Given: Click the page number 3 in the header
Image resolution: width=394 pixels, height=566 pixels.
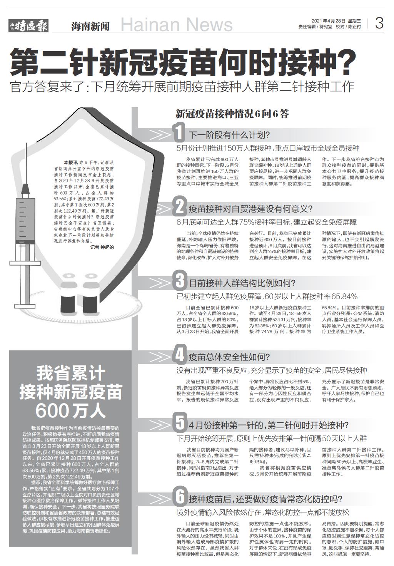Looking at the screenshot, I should (x=379, y=24).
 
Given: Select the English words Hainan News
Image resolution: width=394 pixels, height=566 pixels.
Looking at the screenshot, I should (x=177, y=25).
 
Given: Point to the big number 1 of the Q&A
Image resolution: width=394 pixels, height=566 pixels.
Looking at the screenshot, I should (x=179, y=133).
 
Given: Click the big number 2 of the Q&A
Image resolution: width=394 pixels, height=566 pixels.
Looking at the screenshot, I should (x=179, y=208).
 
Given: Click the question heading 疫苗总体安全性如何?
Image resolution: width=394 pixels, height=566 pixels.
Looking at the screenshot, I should (x=229, y=357).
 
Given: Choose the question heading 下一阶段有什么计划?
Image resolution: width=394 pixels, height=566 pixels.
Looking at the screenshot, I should (x=229, y=135).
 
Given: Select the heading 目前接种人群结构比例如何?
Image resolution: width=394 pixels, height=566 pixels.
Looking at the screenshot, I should (x=242, y=284).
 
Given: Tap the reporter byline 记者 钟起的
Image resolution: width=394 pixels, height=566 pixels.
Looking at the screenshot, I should (x=102, y=247).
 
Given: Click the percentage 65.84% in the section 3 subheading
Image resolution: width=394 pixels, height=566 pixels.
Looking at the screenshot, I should (x=344, y=296).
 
